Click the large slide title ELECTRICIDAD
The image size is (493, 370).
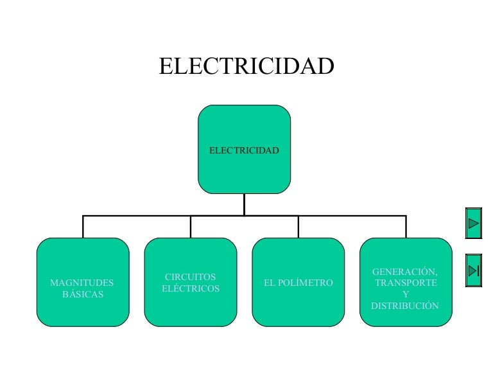(246, 66)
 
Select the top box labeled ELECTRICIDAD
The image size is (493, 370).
(244, 150)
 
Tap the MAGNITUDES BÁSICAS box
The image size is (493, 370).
(82, 283)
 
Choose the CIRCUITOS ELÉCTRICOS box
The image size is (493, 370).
(190, 283)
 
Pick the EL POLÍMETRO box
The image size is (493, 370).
(298, 283)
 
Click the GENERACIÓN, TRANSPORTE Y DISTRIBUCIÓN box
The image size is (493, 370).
(406, 283)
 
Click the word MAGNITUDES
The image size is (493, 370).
(82, 283)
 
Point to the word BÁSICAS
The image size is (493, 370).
(83, 295)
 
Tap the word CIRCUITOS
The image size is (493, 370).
(191, 277)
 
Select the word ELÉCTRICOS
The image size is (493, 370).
(191, 289)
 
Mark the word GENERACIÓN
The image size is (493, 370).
(405, 272)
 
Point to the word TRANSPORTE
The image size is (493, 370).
(406, 283)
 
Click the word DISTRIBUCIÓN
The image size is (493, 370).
(405, 306)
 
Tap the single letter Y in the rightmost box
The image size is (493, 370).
(405, 294)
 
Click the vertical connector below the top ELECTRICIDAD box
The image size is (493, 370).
(244, 204)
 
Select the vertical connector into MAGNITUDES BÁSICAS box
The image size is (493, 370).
(83, 227)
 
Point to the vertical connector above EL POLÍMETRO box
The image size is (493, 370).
(298, 227)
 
